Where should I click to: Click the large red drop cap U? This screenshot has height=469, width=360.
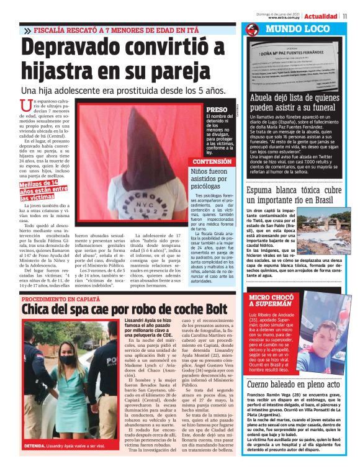click(x=26, y=108)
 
